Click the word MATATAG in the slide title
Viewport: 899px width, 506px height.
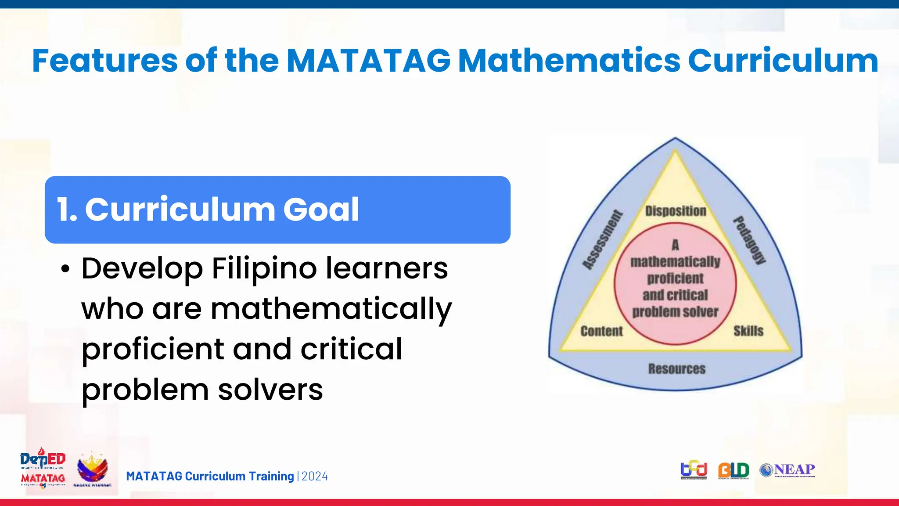tap(368, 61)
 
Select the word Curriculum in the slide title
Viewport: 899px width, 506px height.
tap(783, 61)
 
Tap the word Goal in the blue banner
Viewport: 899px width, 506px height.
tap(321, 210)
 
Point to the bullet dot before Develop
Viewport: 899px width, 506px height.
tap(65, 269)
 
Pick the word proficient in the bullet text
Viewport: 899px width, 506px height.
tap(153, 349)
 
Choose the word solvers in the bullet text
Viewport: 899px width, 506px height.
tap(270, 390)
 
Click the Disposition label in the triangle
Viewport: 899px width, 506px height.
tap(676, 211)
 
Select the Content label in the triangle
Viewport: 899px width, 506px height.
tap(601, 331)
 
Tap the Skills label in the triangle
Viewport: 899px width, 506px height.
tap(748, 331)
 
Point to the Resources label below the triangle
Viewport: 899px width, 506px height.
tap(677, 369)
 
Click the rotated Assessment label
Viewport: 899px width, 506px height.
tap(603, 240)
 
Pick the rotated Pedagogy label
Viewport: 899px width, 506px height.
tap(750, 240)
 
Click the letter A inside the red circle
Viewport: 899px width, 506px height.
tap(675, 245)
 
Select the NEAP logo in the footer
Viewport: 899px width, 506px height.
tap(788, 470)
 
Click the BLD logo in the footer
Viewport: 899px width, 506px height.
tap(734, 470)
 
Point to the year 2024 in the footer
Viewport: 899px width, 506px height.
tap(315, 477)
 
